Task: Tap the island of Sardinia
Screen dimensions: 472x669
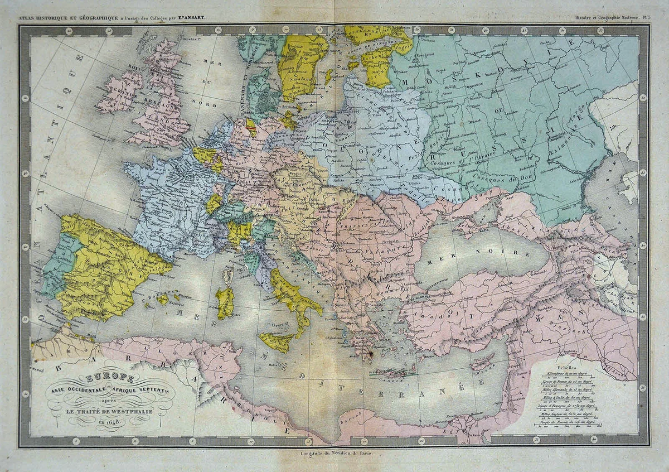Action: (225, 302)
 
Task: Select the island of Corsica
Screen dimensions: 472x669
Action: (228, 274)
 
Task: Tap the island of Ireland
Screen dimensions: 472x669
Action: (119, 91)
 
